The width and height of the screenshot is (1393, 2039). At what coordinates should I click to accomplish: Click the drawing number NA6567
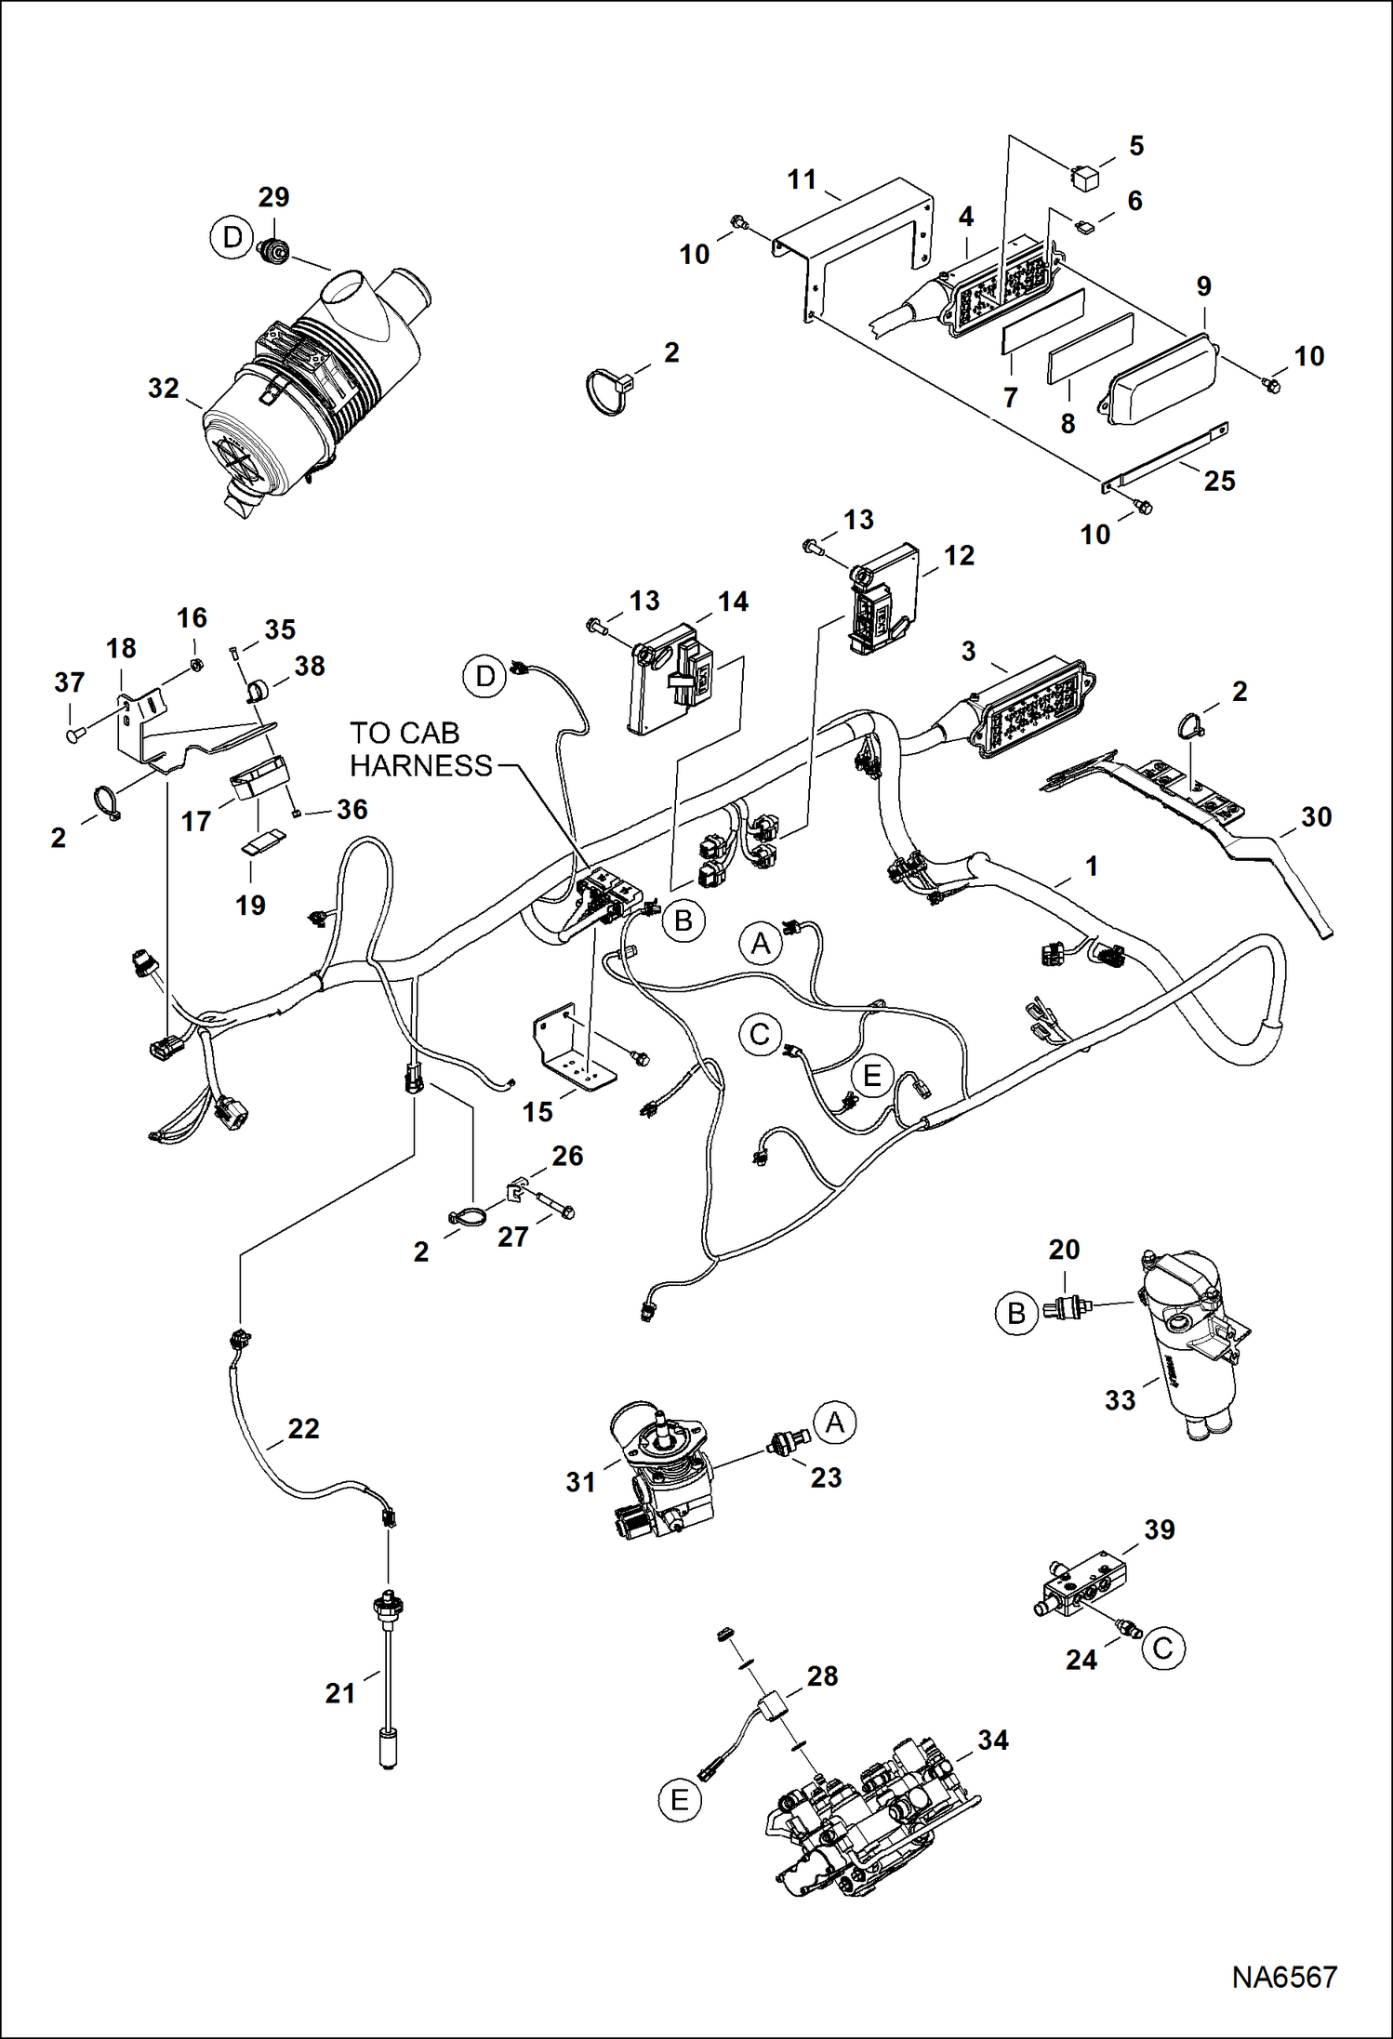[x=1283, y=1976]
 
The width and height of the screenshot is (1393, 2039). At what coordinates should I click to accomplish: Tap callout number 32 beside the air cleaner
[x=164, y=388]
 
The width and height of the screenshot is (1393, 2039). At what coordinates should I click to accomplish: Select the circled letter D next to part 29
[x=232, y=237]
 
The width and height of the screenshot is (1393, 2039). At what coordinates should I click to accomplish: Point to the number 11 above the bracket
[x=802, y=179]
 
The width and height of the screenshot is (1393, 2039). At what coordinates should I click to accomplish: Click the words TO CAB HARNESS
[x=420, y=749]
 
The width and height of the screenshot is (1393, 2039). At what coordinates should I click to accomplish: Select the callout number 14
[x=733, y=602]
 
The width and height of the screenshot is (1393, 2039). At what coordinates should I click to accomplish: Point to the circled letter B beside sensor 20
[x=1016, y=1313]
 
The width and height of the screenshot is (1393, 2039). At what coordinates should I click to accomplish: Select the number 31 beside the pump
[x=580, y=1482]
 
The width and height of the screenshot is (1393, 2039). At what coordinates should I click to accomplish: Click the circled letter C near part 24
[x=1162, y=1648]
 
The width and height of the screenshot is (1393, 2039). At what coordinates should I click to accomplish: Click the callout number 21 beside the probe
[x=340, y=1693]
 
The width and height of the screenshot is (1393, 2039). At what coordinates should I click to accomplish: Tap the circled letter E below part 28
[x=680, y=1801]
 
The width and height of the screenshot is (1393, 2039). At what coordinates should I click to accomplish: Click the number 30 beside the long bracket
[x=1316, y=816]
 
